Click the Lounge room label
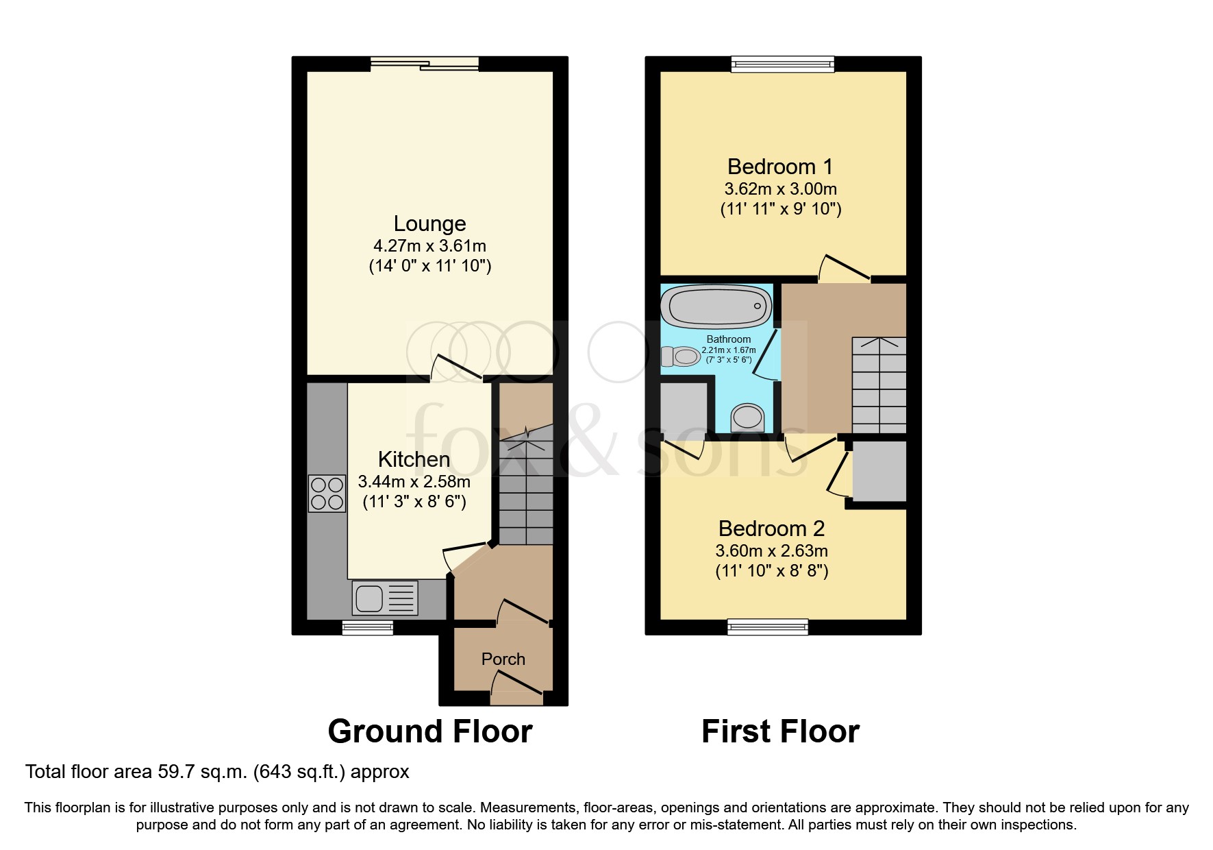429,224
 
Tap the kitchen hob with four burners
327,494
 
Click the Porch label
503,659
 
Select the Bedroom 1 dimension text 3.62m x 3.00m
780,189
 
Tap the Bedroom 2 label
771,529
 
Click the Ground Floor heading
429,731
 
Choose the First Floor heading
780,731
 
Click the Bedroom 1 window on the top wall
783,64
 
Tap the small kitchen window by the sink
368,627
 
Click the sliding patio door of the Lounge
425,64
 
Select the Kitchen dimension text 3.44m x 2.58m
414,482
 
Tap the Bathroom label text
729,339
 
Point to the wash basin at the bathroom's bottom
747,417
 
